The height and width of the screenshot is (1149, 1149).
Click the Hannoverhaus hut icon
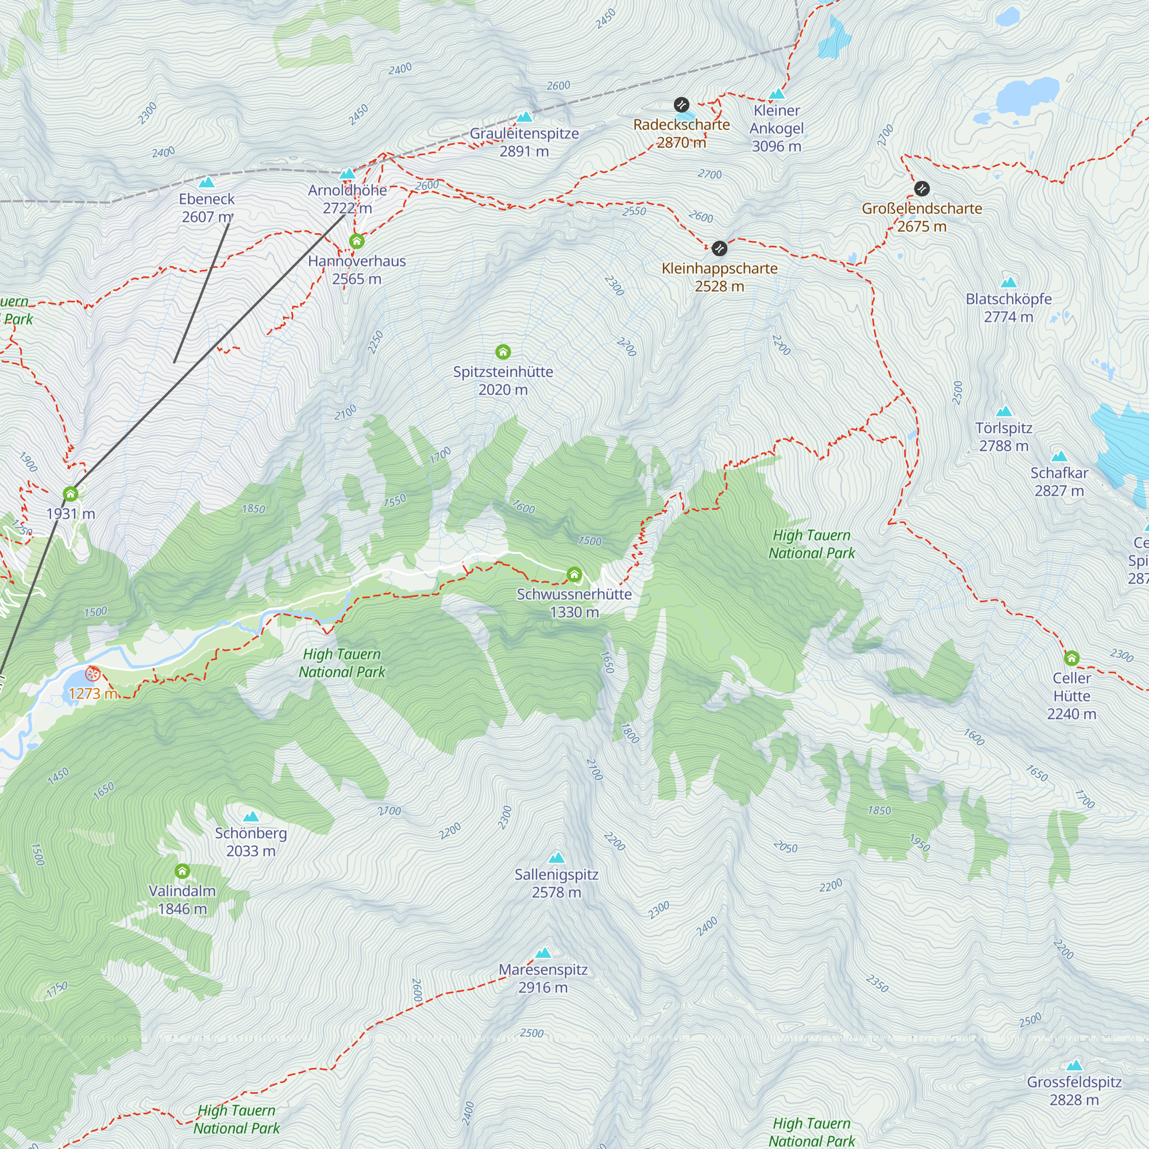click(357, 241)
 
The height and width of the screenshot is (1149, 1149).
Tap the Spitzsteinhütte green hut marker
click(503, 352)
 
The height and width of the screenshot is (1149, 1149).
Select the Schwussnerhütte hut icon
click(574, 574)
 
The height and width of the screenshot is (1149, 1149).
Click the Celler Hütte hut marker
click(1071, 658)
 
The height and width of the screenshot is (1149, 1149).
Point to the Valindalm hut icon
click(183, 872)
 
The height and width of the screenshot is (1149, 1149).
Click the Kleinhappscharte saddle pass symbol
click(720, 248)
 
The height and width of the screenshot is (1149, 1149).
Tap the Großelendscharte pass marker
click(922, 188)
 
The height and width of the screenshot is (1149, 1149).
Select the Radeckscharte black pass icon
click(681, 105)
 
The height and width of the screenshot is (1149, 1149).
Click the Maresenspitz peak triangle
click(543, 953)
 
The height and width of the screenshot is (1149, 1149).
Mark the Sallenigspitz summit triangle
click(557, 858)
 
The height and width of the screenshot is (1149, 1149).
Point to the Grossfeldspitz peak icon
click(1074, 1065)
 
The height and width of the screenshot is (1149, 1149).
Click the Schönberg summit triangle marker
click(251, 816)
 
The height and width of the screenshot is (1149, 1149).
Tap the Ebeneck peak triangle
click(206, 183)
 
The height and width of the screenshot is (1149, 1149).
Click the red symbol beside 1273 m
click(92, 674)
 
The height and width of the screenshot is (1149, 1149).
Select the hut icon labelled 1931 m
click(71, 493)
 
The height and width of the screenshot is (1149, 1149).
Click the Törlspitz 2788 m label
click(1004, 437)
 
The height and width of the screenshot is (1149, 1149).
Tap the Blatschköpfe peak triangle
click(1009, 283)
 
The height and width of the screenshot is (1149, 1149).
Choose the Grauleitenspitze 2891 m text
click(524, 142)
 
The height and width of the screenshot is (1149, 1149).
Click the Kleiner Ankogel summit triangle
click(777, 94)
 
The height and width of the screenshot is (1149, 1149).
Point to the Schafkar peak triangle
click(1059, 457)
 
